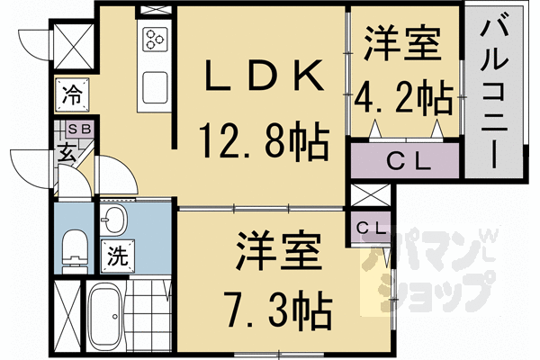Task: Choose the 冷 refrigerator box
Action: [71, 91]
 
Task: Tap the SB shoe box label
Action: [71, 128]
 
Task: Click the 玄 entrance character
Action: [67, 150]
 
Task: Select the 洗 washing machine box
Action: [118, 256]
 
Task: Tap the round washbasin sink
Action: [114, 220]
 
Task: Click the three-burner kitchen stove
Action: [152, 40]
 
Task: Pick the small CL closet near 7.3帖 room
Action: [368, 228]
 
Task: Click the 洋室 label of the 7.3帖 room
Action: [277, 253]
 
